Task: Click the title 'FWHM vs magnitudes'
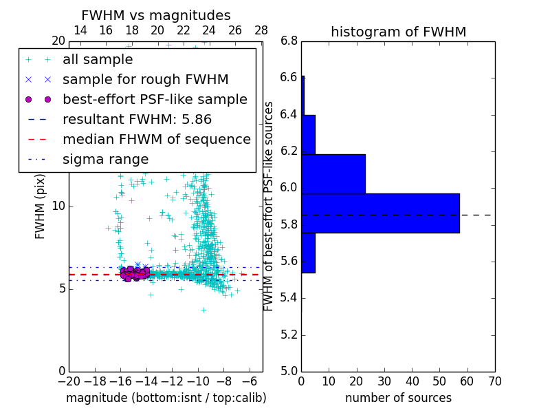(x=156, y=16)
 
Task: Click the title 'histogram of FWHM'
(x=398, y=32)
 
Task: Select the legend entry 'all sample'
(x=98, y=60)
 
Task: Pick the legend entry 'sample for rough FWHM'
(x=145, y=80)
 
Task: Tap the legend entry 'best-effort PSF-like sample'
(x=155, y=99)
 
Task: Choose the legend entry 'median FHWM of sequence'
(x=156, y=139)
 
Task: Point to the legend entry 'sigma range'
(x=105, y=160)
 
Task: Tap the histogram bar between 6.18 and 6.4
(x=308, y=135)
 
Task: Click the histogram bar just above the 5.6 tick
(x=308, y=253)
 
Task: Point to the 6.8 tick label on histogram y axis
(x=289, y=41)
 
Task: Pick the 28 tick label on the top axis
(x=261, y=30)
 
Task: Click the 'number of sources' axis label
(x=398, y=398)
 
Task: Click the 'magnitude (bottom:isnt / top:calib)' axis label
(x=166, y=398)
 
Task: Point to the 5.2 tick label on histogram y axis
(x=289, y=335)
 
